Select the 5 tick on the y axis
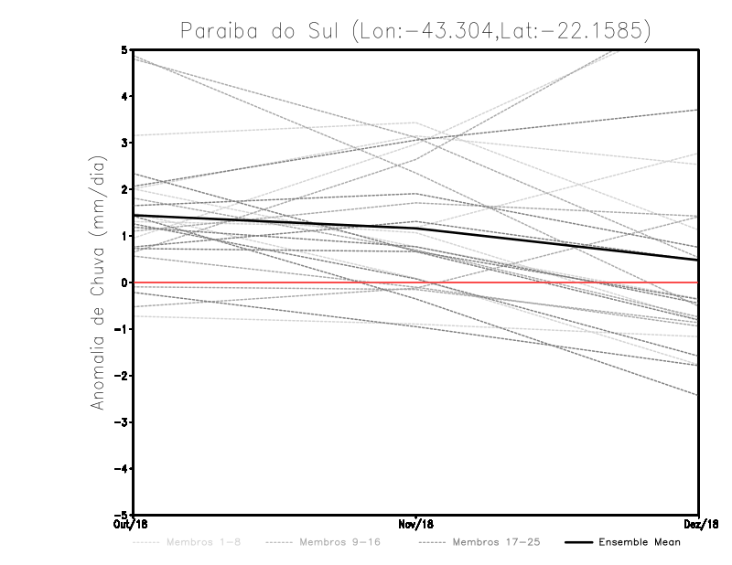click(124, 49)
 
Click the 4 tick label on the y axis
click(124, 96)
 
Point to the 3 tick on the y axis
click(124, 143)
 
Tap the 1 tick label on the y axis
click(124, 236)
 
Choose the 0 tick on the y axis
click(124, 282)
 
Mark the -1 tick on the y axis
click(122, 329)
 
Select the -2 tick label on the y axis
click(122, 376)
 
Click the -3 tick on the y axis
click(122, 422)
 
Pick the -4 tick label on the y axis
click(122, 469)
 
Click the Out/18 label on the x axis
click(132, 524)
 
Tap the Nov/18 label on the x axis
click(415, 524)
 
